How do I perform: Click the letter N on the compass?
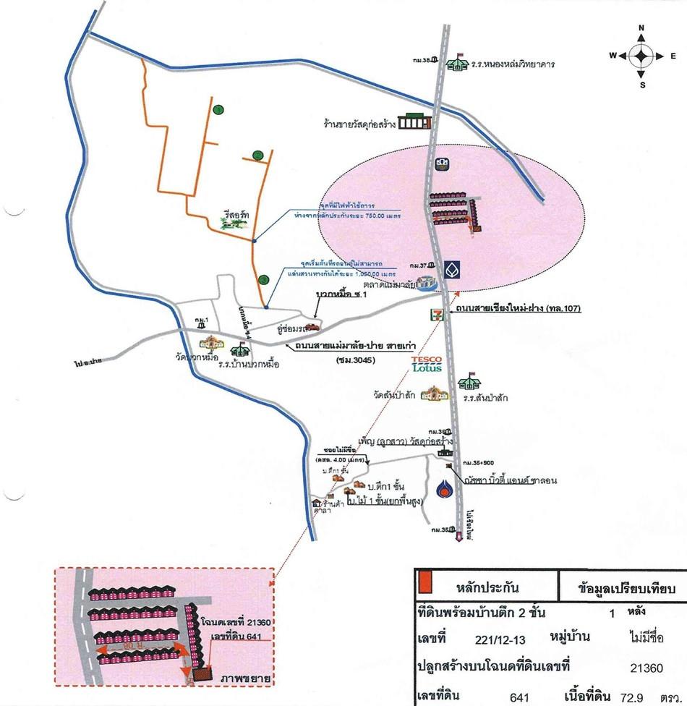[641, 28]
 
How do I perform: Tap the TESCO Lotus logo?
[427, 363]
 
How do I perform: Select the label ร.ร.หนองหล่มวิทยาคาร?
[513, 64]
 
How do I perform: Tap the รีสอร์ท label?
[237, 215]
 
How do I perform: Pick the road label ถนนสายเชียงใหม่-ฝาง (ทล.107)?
[518, 309]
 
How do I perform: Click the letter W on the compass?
[613, 56]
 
